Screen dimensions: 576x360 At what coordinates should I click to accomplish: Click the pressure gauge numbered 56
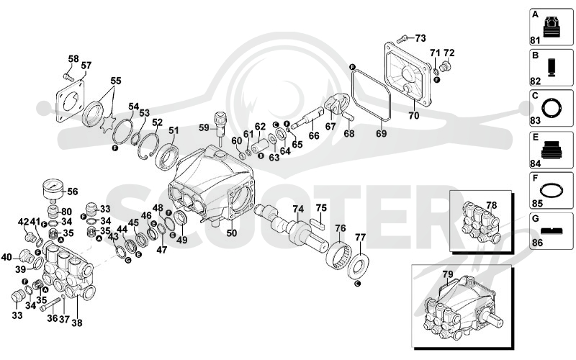[53, 190]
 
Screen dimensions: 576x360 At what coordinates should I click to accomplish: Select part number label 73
[420, 38]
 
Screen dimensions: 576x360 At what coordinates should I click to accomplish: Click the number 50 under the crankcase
[231, 233]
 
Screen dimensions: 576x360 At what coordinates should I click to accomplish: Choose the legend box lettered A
[552, 27]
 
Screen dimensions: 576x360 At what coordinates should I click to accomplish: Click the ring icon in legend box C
[552, 109]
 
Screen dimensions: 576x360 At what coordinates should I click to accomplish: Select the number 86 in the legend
[537, 243]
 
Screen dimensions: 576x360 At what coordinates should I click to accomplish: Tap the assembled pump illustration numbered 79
[461, 307]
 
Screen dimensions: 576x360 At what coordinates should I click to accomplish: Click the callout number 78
[491, 205]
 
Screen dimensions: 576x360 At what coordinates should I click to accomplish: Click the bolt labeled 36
[50, 305]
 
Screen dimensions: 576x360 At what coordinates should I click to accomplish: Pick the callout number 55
[116, 81]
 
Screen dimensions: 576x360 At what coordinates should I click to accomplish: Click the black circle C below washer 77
[358, 283]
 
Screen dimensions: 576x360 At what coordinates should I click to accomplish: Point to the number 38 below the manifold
[77, 323]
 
